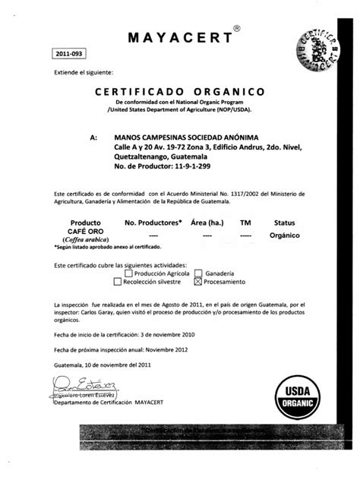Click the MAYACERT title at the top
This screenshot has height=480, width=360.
(179, 39)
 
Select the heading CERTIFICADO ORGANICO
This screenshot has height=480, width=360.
(180, 92)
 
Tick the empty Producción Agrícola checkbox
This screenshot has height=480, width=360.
(129, 273)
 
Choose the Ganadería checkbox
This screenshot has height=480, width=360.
(199, 273)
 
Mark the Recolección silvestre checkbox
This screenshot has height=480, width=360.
(117, 281)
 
